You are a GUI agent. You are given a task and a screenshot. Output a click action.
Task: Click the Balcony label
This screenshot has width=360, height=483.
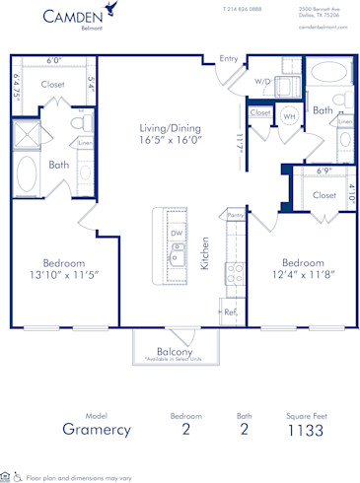(174, 351)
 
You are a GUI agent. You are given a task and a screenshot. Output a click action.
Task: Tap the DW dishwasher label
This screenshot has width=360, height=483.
(175, 234)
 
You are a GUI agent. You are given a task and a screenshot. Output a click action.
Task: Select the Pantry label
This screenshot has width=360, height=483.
(235, 214)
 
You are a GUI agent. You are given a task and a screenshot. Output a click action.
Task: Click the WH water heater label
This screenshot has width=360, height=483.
(289, 115)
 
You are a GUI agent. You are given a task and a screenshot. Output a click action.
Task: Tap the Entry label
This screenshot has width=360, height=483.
(229, 58)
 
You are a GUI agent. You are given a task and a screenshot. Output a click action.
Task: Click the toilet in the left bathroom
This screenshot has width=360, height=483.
(81, 130)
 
